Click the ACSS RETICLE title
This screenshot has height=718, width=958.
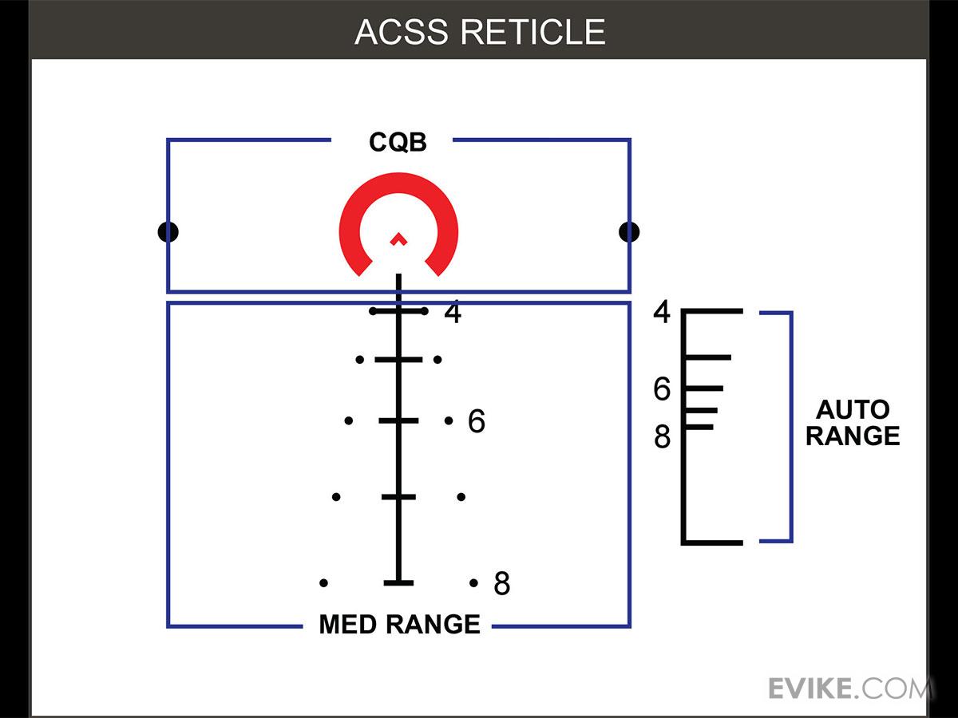480,32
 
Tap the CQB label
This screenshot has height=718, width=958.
398,143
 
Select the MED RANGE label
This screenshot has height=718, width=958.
399,624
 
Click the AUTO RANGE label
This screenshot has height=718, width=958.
853,423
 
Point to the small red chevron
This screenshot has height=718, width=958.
398,238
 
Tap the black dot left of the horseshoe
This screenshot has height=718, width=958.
168,232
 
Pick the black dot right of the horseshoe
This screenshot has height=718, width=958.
629,232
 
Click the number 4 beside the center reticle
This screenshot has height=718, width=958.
453,314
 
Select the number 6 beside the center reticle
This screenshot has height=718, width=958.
477,421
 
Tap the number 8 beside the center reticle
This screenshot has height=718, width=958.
501,584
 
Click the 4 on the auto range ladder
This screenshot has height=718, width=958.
662,312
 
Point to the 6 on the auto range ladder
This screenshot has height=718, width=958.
662,389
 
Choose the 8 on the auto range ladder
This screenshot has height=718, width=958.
662,437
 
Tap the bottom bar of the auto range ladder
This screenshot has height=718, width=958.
713,542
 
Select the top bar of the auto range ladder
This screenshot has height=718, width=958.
713,311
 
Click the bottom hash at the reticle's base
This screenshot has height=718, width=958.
398,583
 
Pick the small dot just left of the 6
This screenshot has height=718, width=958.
449,420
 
